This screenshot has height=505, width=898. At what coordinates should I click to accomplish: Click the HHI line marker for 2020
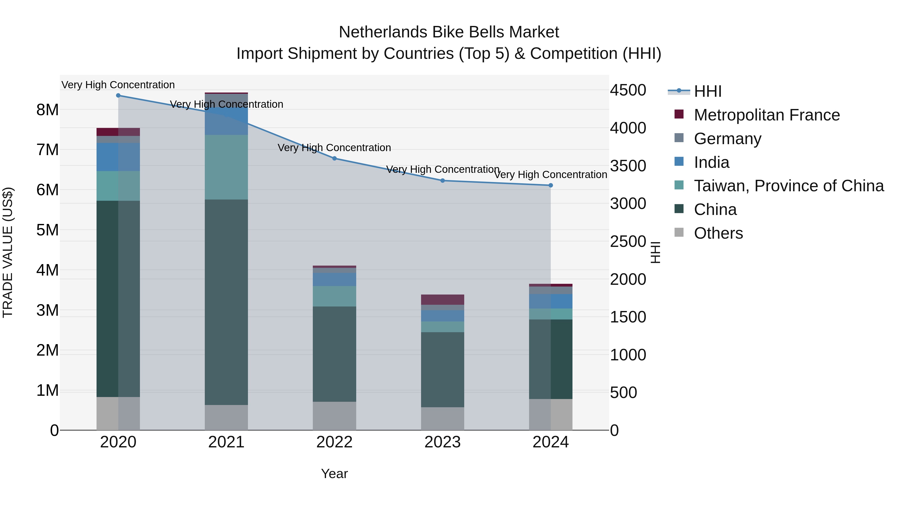pyautogui.click(x=118, y=96)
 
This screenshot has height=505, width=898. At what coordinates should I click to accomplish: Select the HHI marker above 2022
pyautogui.click(x=334, y=159)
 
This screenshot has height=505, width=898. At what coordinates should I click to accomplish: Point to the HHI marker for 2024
pyautogui.click(x=551, y=185)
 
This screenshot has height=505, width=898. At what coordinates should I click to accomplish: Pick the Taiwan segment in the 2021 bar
pyautogui.click(x=226, y=167)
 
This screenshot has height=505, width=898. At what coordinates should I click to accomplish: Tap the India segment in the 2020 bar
pyautogui.click(x=118, y=157)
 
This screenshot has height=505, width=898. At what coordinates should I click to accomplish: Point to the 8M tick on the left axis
pyautogui.click(x=47, y=110)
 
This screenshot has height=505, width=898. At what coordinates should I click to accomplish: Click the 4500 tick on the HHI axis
pyautogui.click(x=628, y=90)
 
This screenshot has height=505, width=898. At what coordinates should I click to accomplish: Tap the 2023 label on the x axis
pyautogui.click(x=442, y=442)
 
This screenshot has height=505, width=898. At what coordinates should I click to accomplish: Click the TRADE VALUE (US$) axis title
pyautogui.click(x=8, y=252)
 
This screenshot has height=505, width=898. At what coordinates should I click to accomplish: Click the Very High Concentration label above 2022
pyautogui.click(x=334, y=148)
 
